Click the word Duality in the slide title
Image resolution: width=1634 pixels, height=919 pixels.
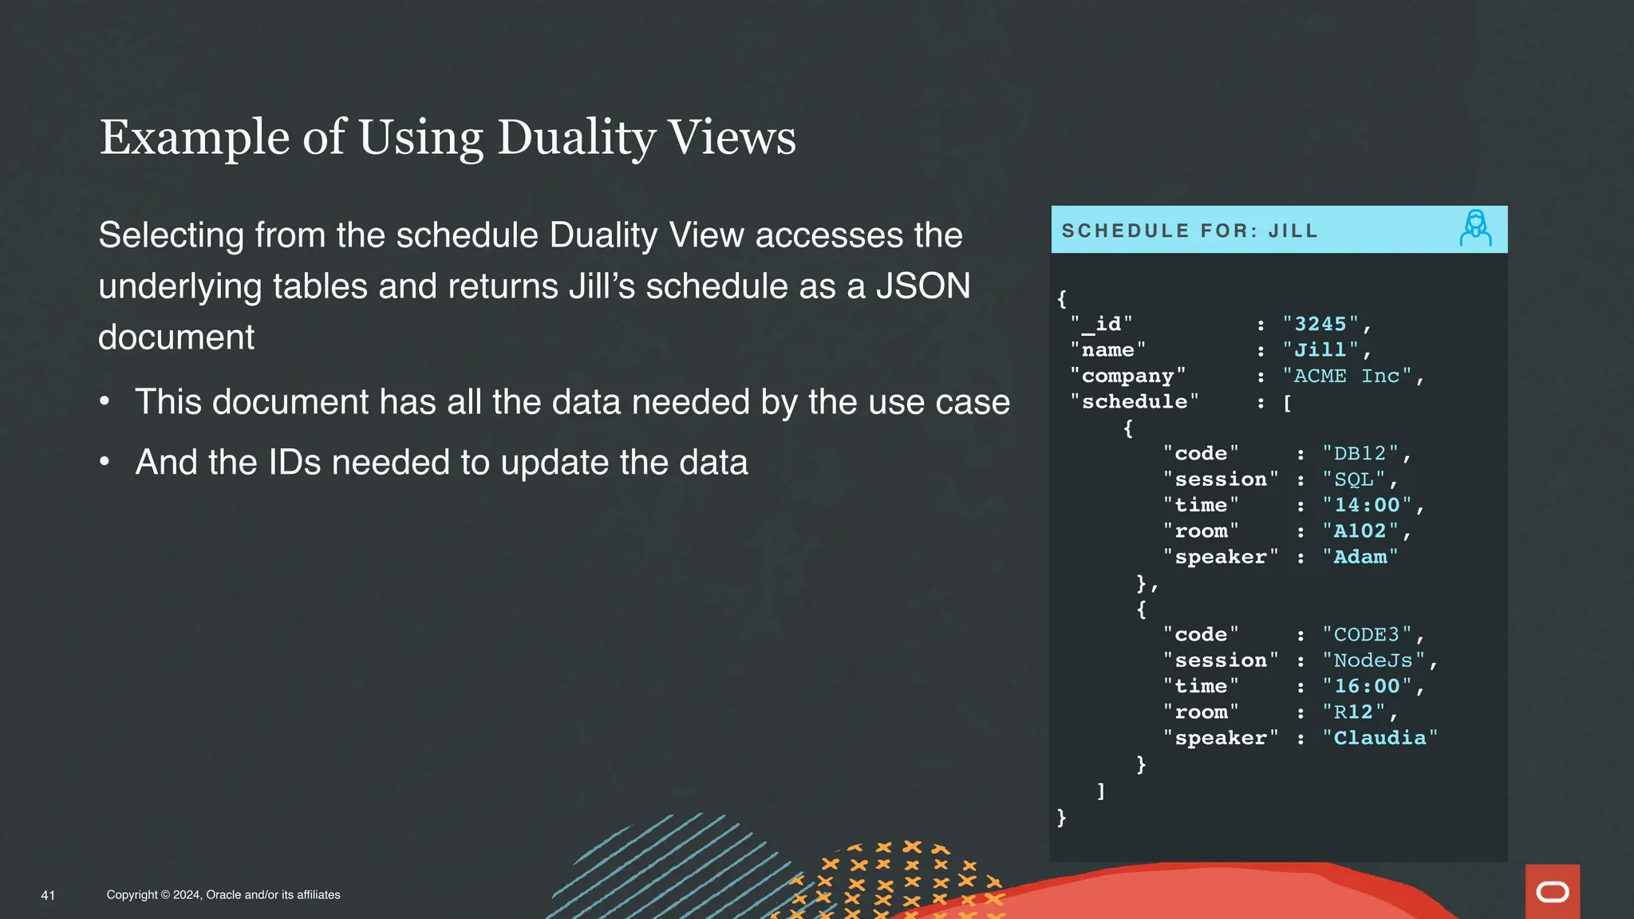(575, 138)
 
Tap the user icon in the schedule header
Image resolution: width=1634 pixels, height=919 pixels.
(1475, 229)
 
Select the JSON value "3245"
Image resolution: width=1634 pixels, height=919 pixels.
(1320, 324)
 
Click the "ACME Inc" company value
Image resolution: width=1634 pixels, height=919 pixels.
(1347, 376)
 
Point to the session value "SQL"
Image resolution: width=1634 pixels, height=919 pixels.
(1353, 479)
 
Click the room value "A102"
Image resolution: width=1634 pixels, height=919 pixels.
(1360, 531)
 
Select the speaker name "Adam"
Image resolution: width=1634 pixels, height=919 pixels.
(1360, 557)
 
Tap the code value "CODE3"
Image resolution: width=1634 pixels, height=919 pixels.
(1367, 634)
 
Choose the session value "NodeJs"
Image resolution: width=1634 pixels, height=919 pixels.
(1373, 661)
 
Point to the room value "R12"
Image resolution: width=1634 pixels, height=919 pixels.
(1353, 712)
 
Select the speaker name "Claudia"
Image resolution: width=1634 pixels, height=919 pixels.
(1379, 738)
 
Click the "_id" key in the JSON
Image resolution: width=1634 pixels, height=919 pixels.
(1101, 324)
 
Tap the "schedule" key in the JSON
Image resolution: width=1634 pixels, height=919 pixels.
(1134, 401)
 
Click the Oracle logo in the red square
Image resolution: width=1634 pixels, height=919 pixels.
(1552, 892)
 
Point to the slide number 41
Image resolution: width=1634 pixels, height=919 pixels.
(48, 895)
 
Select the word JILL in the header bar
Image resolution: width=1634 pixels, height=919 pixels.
(1293, 231)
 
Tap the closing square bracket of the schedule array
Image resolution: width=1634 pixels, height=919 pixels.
(1101, 791)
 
